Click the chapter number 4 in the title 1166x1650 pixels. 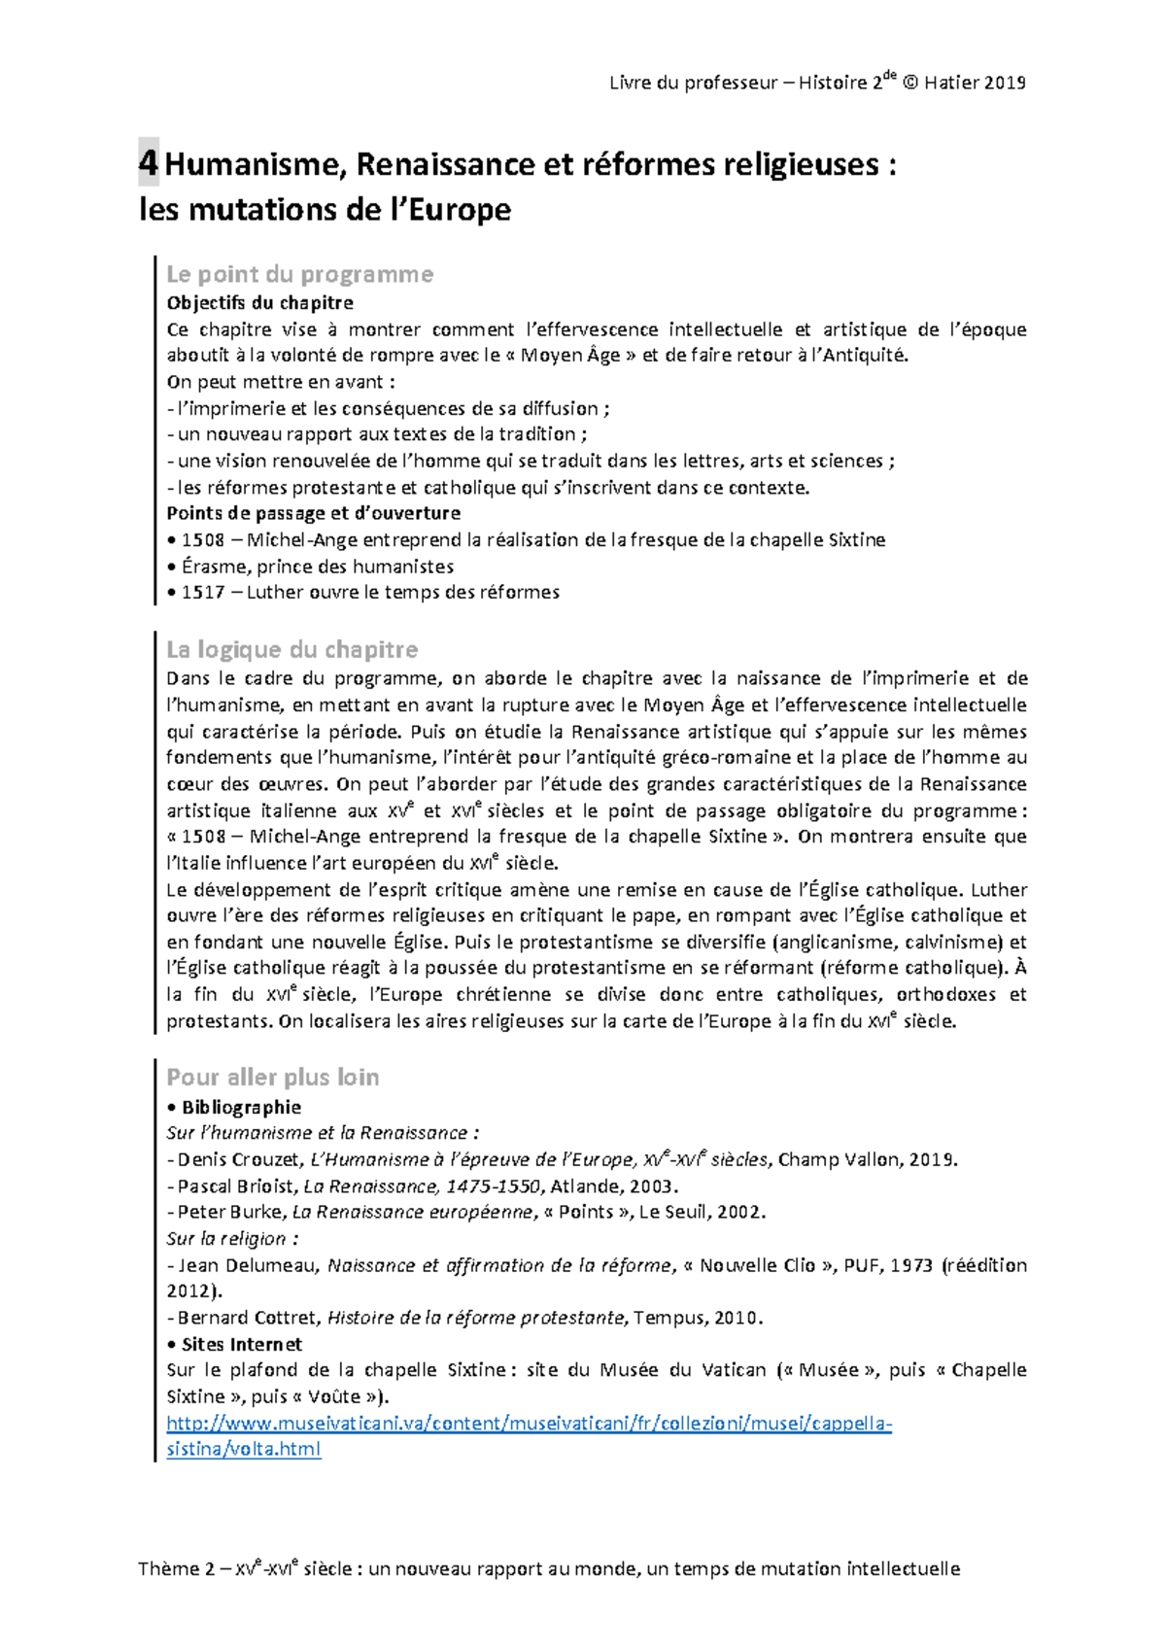(148, 163)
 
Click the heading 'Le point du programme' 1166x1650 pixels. (299, 274)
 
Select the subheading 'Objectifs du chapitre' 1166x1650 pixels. (259, 302)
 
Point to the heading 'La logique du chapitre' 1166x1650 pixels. (291, 649)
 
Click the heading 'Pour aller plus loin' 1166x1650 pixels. (272, 1077)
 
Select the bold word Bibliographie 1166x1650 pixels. (241, 1107)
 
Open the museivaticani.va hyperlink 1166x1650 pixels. (529, 1424)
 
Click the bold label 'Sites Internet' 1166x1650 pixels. (241, 1344)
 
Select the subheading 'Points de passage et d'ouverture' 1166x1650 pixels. (313, 513)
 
